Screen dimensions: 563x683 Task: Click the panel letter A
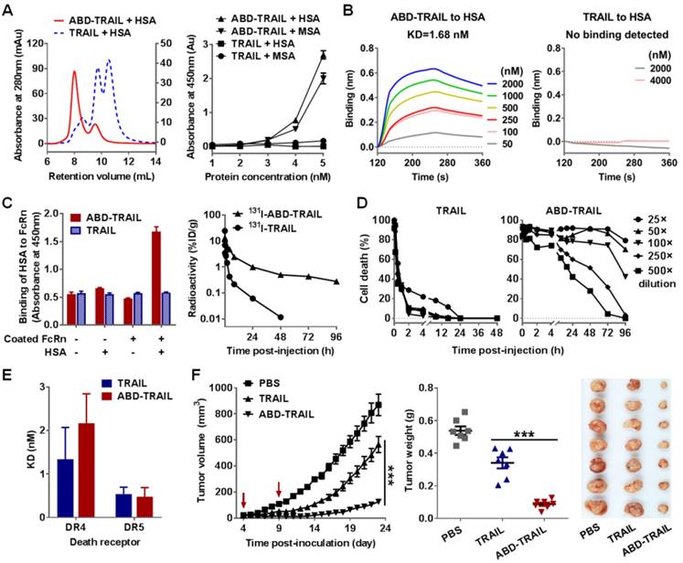click(8, 8)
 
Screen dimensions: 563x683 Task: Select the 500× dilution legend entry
click(652, 271)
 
